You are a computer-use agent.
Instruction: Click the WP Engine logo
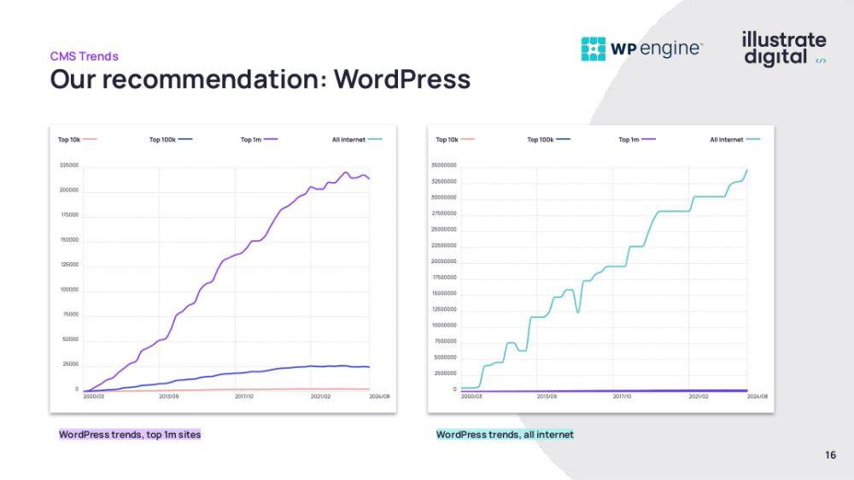pos(641,49)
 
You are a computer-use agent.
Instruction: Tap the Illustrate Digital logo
pos(784,49)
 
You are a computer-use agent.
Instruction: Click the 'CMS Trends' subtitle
pos(84,56)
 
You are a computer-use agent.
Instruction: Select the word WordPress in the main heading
pos(401,79)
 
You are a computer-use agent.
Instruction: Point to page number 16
pos(831,455)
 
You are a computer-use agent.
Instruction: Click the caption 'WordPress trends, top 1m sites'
pos(130,435)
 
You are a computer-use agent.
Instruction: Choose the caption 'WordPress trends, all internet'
pos(505,435)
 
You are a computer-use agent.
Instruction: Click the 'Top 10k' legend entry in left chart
pos(77,139)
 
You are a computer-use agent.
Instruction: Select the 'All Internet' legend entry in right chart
pos(734,139)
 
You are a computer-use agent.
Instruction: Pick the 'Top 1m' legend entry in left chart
pos(259,139)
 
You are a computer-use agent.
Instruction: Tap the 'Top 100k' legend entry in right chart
pos(548,139)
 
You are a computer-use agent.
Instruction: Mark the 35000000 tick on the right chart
pos(443,165)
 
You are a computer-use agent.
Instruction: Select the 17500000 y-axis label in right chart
pos(443,277)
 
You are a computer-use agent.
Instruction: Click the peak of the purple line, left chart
pos(347,173)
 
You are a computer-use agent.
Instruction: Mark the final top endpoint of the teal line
pos(747,169)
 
